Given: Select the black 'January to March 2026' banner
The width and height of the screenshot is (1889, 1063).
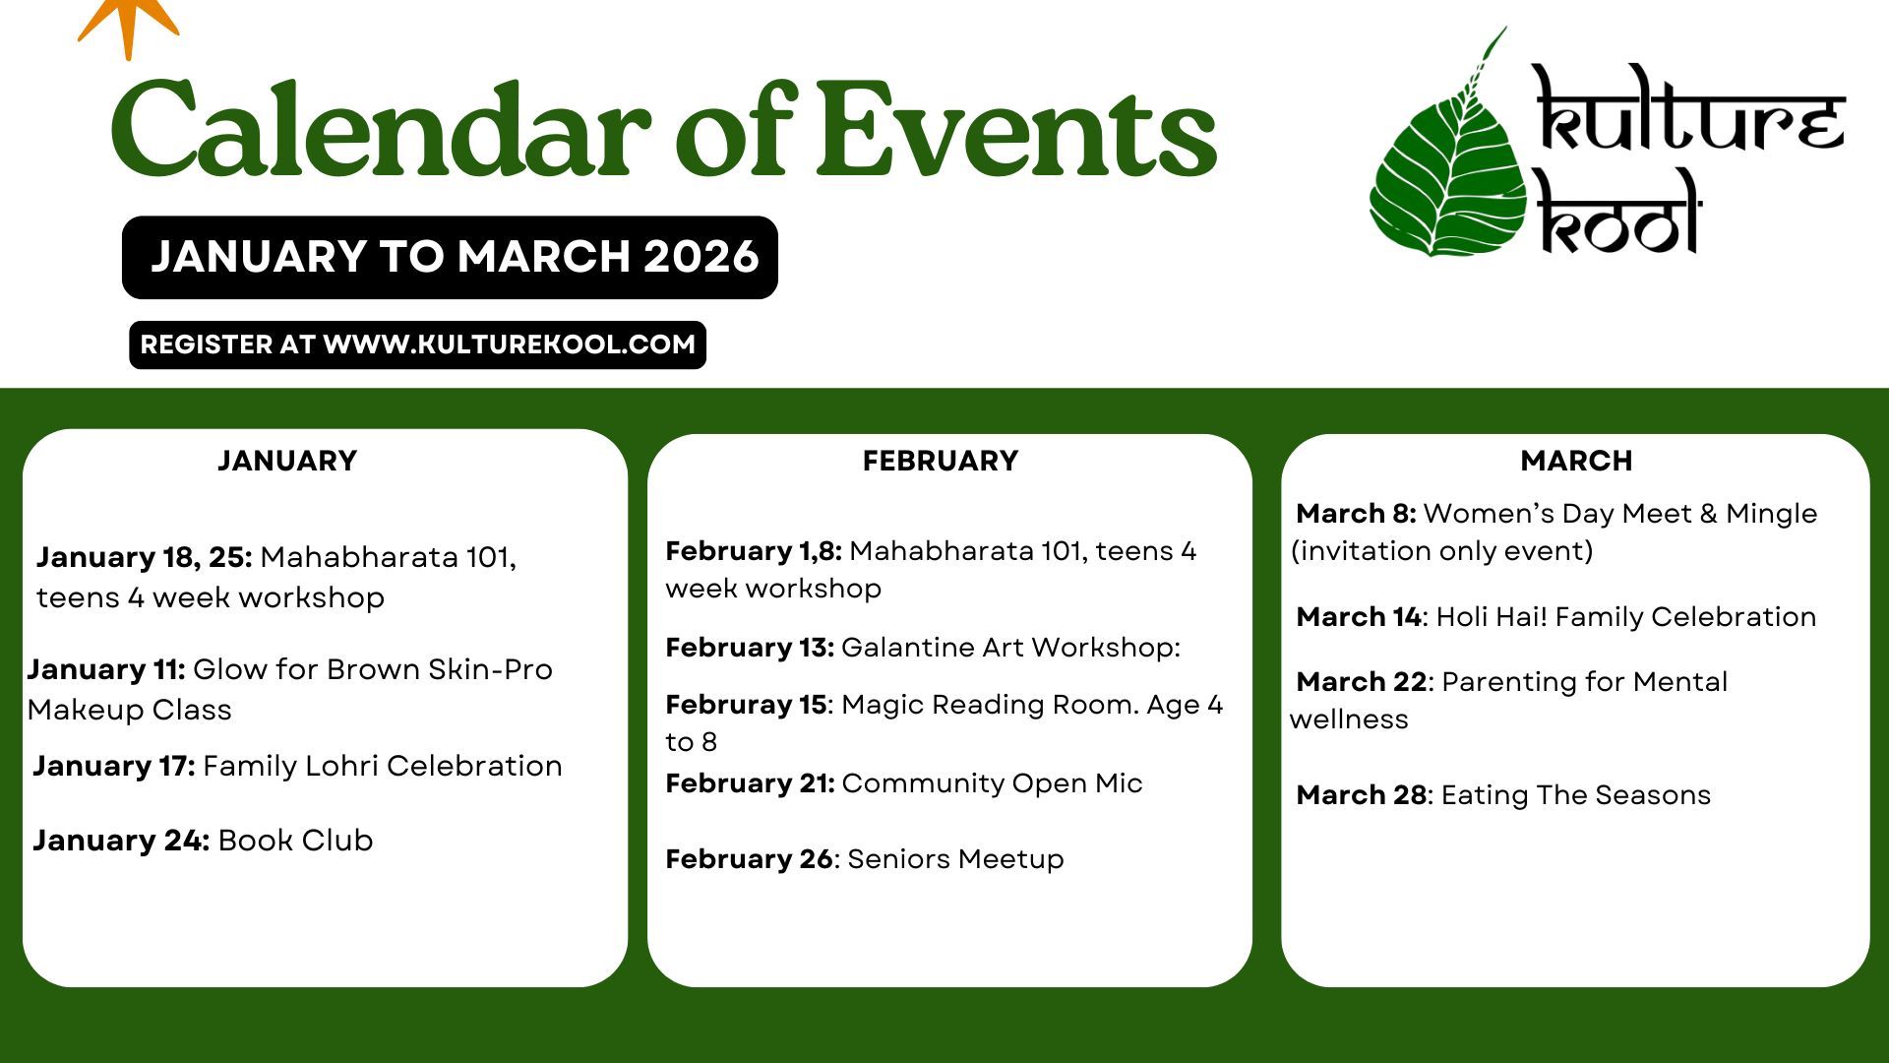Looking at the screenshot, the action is (450, 257).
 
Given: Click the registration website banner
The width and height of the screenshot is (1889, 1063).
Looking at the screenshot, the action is (417, 344).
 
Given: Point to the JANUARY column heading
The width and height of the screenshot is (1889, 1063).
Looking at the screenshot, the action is (287, 461).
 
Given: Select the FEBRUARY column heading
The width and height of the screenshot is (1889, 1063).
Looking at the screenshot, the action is (941, 461).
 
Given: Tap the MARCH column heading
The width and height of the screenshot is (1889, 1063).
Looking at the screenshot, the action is (1576, 461).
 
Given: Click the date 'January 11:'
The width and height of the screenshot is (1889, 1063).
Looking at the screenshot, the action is (106, 669).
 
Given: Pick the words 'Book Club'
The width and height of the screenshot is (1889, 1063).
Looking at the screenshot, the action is (295, 841).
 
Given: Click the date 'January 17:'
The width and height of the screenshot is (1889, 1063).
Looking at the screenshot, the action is (114, 766).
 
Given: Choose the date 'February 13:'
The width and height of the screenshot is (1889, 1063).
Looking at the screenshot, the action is (750, 648).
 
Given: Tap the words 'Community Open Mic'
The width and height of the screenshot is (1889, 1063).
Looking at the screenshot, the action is (992, 783).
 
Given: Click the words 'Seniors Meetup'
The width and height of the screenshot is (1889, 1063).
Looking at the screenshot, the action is (955, 859).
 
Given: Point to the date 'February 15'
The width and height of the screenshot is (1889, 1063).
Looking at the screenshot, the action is (746, 705).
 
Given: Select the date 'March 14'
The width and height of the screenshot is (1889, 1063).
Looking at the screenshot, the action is (1359, 617).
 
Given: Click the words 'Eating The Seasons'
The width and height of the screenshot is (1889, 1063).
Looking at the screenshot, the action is (1576, 795).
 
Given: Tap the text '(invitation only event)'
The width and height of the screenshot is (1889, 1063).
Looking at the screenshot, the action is (1441, 551).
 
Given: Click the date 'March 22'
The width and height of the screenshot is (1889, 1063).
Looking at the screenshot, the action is (1362, 682).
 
